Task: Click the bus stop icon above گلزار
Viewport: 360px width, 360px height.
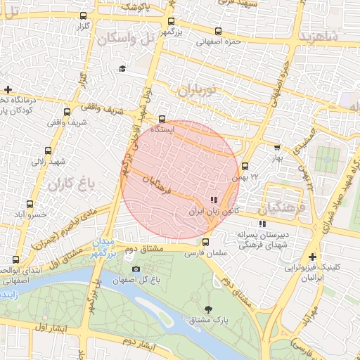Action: (x=84, y=15)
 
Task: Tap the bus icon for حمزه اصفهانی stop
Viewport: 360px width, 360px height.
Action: (x=218, y=31)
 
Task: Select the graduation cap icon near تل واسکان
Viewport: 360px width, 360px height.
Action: (x=122, y=68)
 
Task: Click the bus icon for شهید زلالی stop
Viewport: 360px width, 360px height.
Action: (x=48, y=150)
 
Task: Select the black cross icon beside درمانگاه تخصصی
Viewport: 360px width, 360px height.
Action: (x=8, y=89)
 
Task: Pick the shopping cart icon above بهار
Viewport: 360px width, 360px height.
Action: (x=276, y=148)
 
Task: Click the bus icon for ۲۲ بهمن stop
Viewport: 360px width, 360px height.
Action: (x=245, y=167)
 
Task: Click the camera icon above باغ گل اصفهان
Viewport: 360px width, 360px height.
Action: (x=136, y=269)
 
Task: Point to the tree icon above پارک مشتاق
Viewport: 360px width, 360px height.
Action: (x=208, y=309)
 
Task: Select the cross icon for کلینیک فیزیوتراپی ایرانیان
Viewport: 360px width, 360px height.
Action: (x=312, y=257)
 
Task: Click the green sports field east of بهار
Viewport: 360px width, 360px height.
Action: (x=326, y=160)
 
